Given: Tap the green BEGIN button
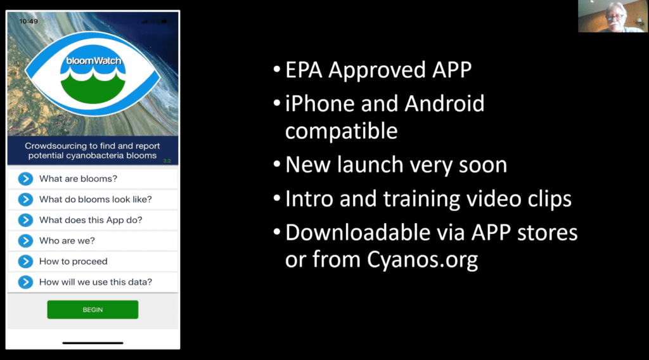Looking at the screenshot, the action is (93, 309).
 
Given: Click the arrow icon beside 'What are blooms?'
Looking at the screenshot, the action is (25, 179).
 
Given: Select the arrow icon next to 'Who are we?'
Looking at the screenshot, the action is (25, 241).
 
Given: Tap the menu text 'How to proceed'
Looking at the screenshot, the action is (74, 262).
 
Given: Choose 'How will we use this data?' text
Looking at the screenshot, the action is (96, 282).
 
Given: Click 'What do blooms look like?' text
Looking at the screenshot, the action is (96, 200).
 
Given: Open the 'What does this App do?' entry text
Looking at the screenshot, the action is (91, 220).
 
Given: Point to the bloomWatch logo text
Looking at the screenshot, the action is (94, 61).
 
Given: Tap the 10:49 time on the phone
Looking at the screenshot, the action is (29, 21).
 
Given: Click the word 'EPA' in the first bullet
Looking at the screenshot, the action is (304, 70).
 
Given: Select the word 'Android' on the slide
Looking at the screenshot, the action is (444, 103).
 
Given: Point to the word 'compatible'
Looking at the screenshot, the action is (342, 131).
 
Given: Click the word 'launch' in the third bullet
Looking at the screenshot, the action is (370, 165).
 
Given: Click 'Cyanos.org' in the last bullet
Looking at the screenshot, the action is (422, 260).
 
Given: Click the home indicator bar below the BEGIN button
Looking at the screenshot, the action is (93, 343).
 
